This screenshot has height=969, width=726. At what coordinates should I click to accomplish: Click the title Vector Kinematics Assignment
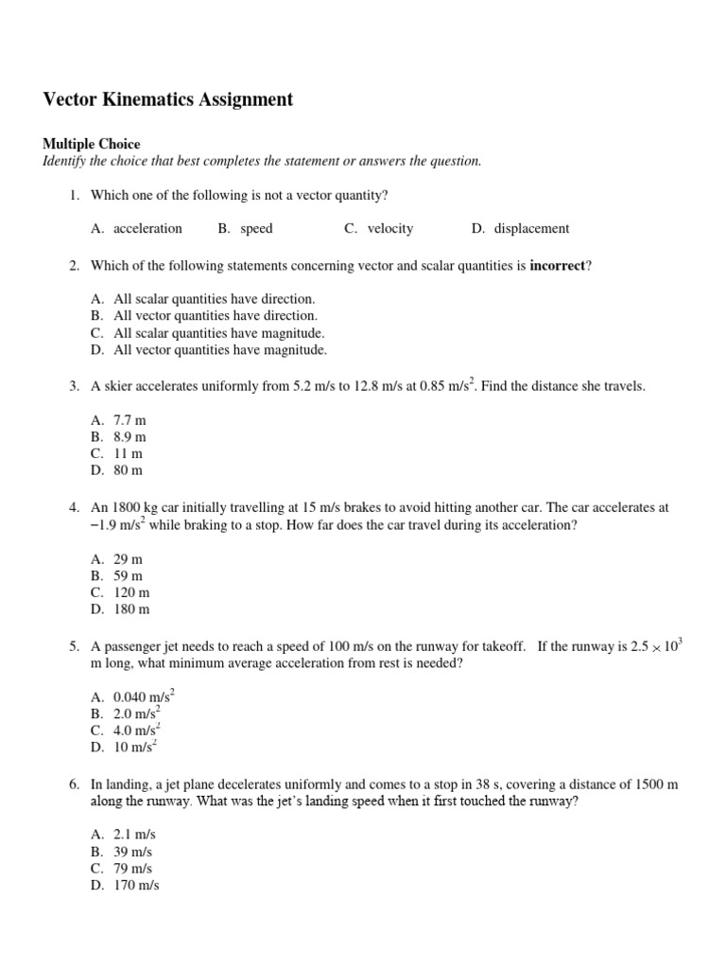[168, 99]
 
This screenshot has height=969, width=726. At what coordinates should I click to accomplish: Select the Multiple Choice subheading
[91, 145]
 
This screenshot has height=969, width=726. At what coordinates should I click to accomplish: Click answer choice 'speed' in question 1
[256, 228]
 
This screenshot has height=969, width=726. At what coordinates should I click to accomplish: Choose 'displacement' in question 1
[531, 228]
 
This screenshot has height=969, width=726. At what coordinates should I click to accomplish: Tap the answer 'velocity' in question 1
[390, 228]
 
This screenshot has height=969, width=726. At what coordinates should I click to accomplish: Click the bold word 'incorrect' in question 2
[558, 266]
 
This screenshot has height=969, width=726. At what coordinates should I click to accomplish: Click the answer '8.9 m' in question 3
[130, 436]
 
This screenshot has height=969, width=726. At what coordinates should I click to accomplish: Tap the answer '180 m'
[132, 609]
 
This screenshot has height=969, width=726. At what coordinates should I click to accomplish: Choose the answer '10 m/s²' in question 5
[135, 748]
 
